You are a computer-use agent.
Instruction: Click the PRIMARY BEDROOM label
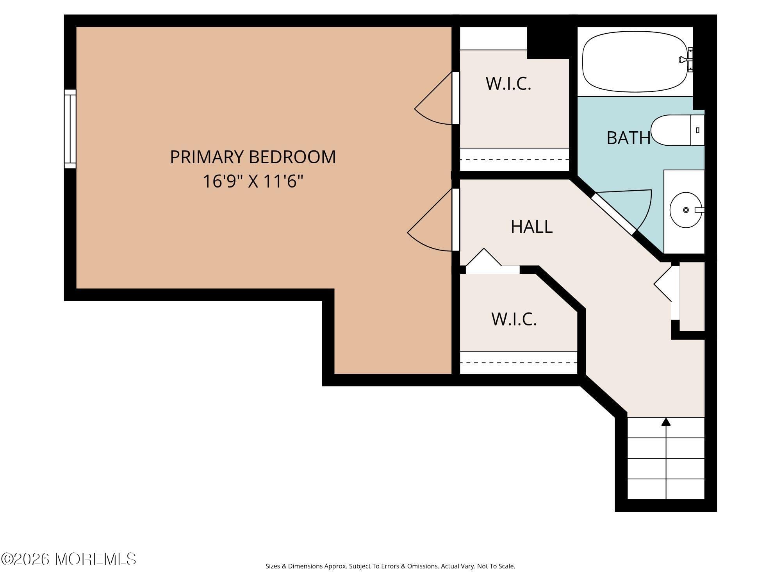click(x=253, y=157)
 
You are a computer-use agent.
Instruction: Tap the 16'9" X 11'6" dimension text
click(x=253, y=181)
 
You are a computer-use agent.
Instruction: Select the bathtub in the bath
click(x=635, y=62)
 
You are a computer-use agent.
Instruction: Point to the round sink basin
click(x=685, y=210)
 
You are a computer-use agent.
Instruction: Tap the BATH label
click(x=628, y=138)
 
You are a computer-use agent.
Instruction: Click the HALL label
click(x=531, y=227)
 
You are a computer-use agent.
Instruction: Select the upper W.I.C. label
click(x=508, y=84)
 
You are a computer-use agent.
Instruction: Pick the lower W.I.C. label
click(x=514, y=319)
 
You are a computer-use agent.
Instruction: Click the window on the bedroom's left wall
click(x=70, y=129)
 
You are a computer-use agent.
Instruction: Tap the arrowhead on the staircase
click(x=666, y=422)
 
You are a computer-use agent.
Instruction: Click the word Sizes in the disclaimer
click(x=273, y=566)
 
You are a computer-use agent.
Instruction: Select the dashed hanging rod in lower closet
click(x=518, y=363)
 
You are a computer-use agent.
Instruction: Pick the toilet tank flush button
click(x=697, y=130)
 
